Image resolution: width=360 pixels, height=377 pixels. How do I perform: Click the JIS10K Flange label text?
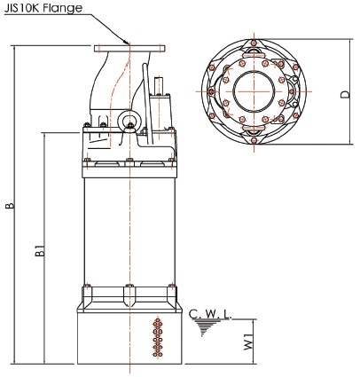pos(43,8)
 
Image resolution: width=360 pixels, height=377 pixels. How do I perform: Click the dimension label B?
pos(10,205)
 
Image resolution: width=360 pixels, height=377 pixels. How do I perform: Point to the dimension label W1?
pos(248,342)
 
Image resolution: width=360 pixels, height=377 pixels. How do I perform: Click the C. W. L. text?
pos(210,314)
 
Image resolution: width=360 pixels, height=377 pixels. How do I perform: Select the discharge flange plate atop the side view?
pos(129,49)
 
